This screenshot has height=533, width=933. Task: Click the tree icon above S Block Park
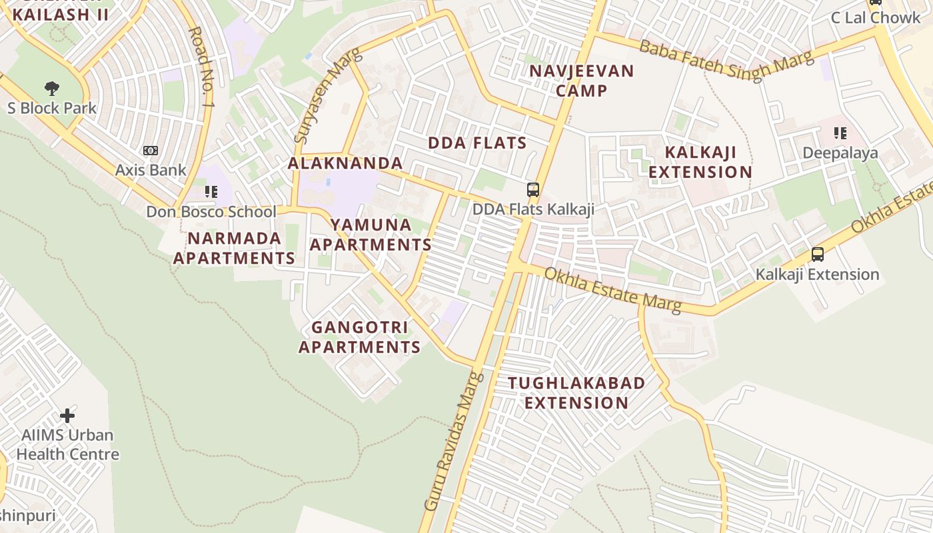point(51,88)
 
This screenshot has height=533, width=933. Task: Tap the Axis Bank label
point(151,170)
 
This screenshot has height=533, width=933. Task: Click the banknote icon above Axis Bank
point(151,151)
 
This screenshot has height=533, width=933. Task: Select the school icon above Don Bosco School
point(211,193)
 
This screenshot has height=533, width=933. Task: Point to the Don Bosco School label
point(211,212)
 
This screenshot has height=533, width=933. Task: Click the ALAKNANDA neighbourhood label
point(345,163)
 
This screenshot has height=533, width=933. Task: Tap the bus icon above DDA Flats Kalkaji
point(532,190)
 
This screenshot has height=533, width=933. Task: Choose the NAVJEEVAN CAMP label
point(581,81)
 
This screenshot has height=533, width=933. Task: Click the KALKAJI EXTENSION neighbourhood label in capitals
point(700,162)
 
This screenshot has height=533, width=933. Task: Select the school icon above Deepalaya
point(840,133)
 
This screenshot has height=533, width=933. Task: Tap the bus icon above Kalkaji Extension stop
point(817,255)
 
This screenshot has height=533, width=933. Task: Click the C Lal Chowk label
point(875,18)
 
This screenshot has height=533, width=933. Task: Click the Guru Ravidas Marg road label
point(454,441)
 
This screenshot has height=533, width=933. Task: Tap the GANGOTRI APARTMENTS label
point(359,337)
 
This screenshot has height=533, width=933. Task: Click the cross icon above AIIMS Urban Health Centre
point(67,416)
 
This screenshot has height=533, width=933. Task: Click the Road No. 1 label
point(202,68)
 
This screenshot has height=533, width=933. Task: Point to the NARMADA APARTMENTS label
point(234,248)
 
